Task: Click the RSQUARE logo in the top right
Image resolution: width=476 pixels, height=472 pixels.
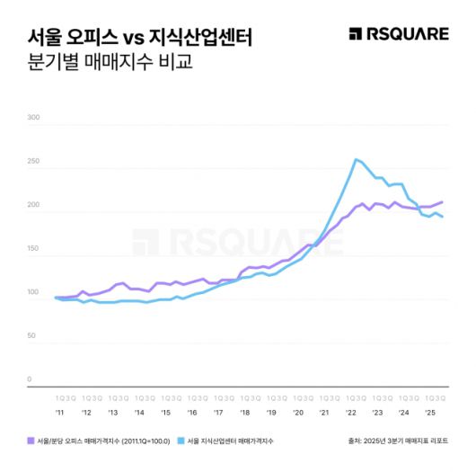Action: (x=398, y=34)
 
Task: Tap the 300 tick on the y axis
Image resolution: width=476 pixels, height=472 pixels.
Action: (x=35, y=118)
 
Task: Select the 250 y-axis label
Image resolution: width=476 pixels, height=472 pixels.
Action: (x=35, y=162)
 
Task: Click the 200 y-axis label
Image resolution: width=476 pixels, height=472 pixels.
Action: (x=35, y=205)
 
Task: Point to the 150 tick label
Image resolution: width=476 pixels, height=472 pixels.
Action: (x=35, y=249)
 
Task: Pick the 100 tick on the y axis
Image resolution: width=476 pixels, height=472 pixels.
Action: (x=35, y=292)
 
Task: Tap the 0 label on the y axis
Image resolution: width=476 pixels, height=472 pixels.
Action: (x=30, y=379)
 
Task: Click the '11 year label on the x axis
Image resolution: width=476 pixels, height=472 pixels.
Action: (x=59, y=412)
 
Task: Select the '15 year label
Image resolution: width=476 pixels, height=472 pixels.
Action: (x=165, y=412)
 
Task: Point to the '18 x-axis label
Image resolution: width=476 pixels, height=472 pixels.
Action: (x=245, y=412)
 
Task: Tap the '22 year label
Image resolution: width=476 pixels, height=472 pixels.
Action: (x=351, y=412)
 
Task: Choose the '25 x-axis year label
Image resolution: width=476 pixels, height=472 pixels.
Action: (x=431, y=412)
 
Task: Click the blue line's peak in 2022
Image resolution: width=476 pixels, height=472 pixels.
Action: (x=356, y=160)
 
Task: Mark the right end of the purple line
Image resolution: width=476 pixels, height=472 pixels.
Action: (x=442, y=202)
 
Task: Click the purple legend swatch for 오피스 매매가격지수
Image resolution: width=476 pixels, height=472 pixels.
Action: (x=31, y=441)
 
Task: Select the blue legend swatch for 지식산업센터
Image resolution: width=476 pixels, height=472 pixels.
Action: (x=181, y=441)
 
